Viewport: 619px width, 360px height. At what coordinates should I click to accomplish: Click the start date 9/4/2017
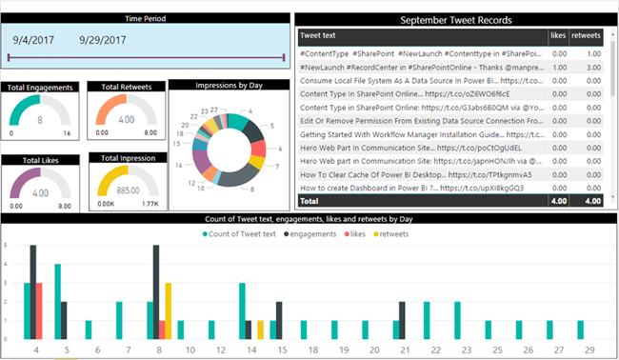[x=34, y=40]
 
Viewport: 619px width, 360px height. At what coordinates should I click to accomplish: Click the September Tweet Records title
[x=456, y=19]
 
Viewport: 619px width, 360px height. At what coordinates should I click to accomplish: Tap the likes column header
[x=558, y=35]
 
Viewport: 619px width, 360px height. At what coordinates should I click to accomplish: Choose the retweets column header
[x=586, y=35]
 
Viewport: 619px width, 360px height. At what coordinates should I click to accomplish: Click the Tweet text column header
[x=322, y=35]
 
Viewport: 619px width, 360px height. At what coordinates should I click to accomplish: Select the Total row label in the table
[x=310, y=201]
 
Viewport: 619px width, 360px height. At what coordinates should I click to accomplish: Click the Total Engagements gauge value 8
[x=40, y=121]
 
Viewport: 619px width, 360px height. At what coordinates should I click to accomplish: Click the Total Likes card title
[x=39, y=160]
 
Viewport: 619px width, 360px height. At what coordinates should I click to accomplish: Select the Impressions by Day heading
[x=229, y=85]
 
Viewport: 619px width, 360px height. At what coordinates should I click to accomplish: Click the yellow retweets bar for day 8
[x=168, y=310]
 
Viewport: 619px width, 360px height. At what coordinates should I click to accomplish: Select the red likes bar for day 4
[x=39, y=310]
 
